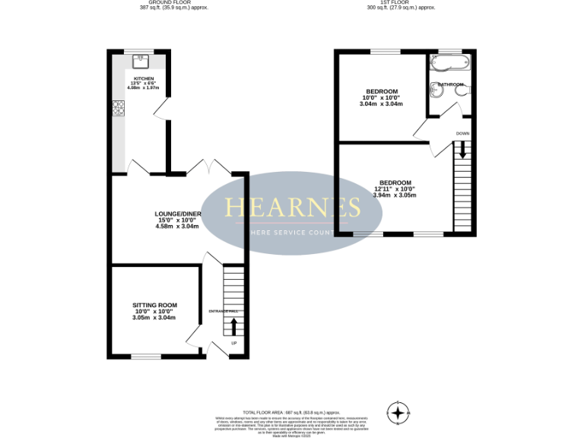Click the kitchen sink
139,61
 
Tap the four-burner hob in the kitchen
119,108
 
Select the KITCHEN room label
144,78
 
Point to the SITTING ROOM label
154,305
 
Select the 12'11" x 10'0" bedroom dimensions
395,189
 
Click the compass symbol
397,413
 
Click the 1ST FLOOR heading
400,3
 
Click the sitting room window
145,356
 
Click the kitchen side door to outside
161,111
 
